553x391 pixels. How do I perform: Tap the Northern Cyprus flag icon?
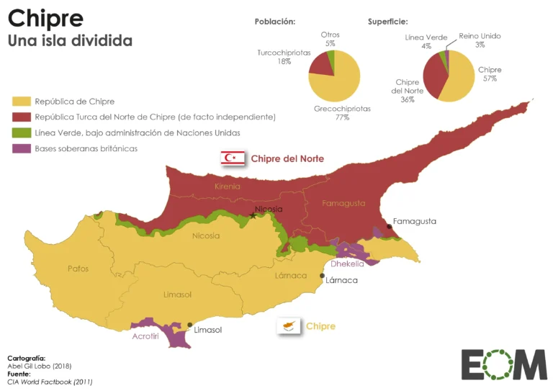click(x=233, y=158)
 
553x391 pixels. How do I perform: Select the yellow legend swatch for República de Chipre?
click(x=22, y=102)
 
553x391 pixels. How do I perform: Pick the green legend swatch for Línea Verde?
click(x=22, y=133)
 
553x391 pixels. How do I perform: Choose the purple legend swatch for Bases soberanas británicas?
click(x=22, y=149)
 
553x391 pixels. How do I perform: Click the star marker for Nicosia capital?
click(x=253, y=214)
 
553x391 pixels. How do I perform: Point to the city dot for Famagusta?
click(x=389, y=227)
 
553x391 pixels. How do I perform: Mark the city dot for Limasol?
click(x=189, y=325)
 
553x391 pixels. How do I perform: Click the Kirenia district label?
click(x=227, y=186)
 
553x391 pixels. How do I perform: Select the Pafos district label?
click(x=78, y=269)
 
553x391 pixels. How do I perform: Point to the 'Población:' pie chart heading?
click(x=274, y=22)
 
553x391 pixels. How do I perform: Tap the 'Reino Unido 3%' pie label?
click(x=480, y=40)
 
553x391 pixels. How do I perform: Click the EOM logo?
click(x=503, y=364)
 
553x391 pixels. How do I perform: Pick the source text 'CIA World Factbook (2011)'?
click(x=49, y=382)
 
